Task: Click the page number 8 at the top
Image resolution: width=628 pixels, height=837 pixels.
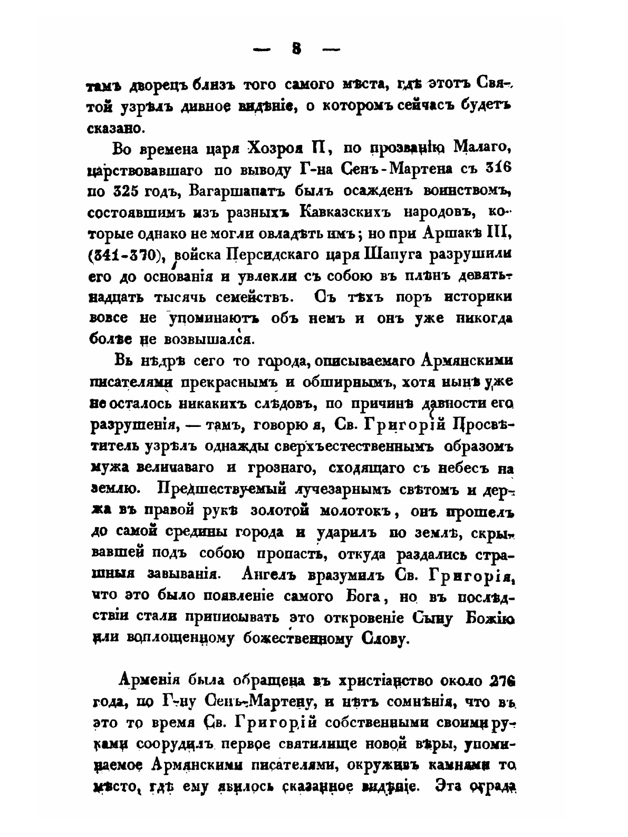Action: (x=296, y=49)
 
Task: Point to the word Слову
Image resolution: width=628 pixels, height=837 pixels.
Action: (x=378, y=639)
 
